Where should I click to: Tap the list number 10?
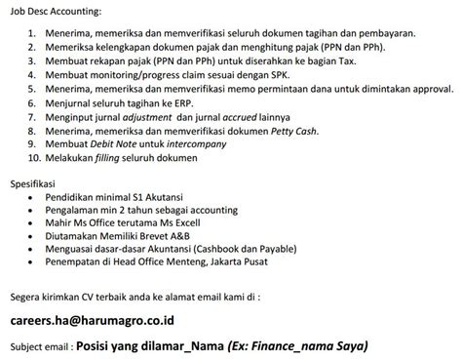(x=34, y=155)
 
